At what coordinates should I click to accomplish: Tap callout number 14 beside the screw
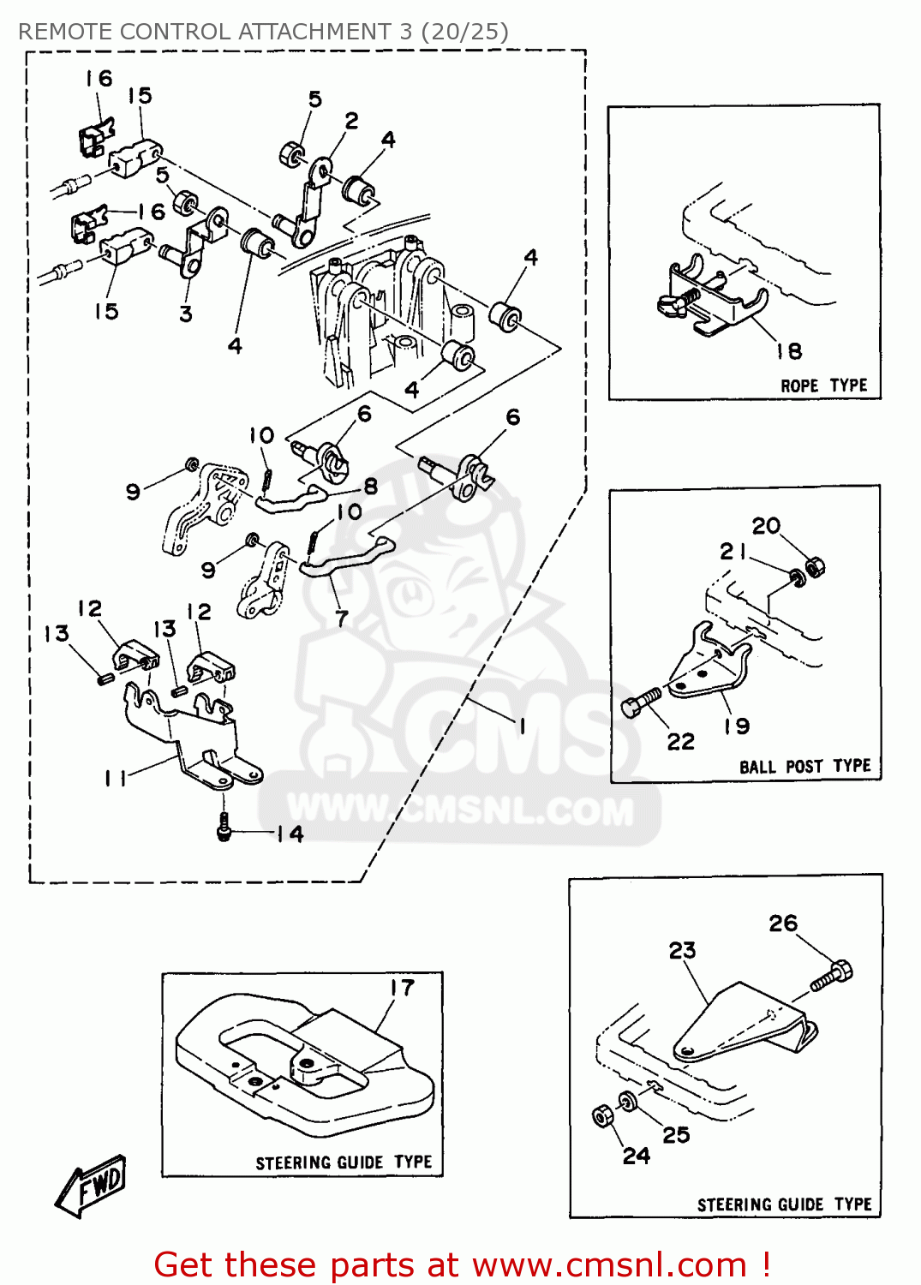point(290,834)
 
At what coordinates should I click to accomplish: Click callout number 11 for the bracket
point(115,778)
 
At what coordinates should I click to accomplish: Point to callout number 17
point(402,988)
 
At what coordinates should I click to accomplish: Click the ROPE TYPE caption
point(823,385)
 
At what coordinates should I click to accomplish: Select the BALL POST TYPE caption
point(804,766)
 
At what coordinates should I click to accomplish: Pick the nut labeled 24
point(602,1116)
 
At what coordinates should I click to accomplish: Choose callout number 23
point(682,950)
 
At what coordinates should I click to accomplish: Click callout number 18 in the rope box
point(789,351)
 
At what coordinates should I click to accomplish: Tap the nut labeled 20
point(816,566)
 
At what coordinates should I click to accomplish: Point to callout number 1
point(522,726)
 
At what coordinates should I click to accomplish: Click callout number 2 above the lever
point(351,121)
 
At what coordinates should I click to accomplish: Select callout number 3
point(186,314)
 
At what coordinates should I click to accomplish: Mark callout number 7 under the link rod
point(342,618)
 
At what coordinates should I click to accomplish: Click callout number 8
point(370,487)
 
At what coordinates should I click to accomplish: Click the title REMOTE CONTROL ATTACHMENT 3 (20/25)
point(263,32)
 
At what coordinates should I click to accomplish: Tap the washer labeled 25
point(628,1100)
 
